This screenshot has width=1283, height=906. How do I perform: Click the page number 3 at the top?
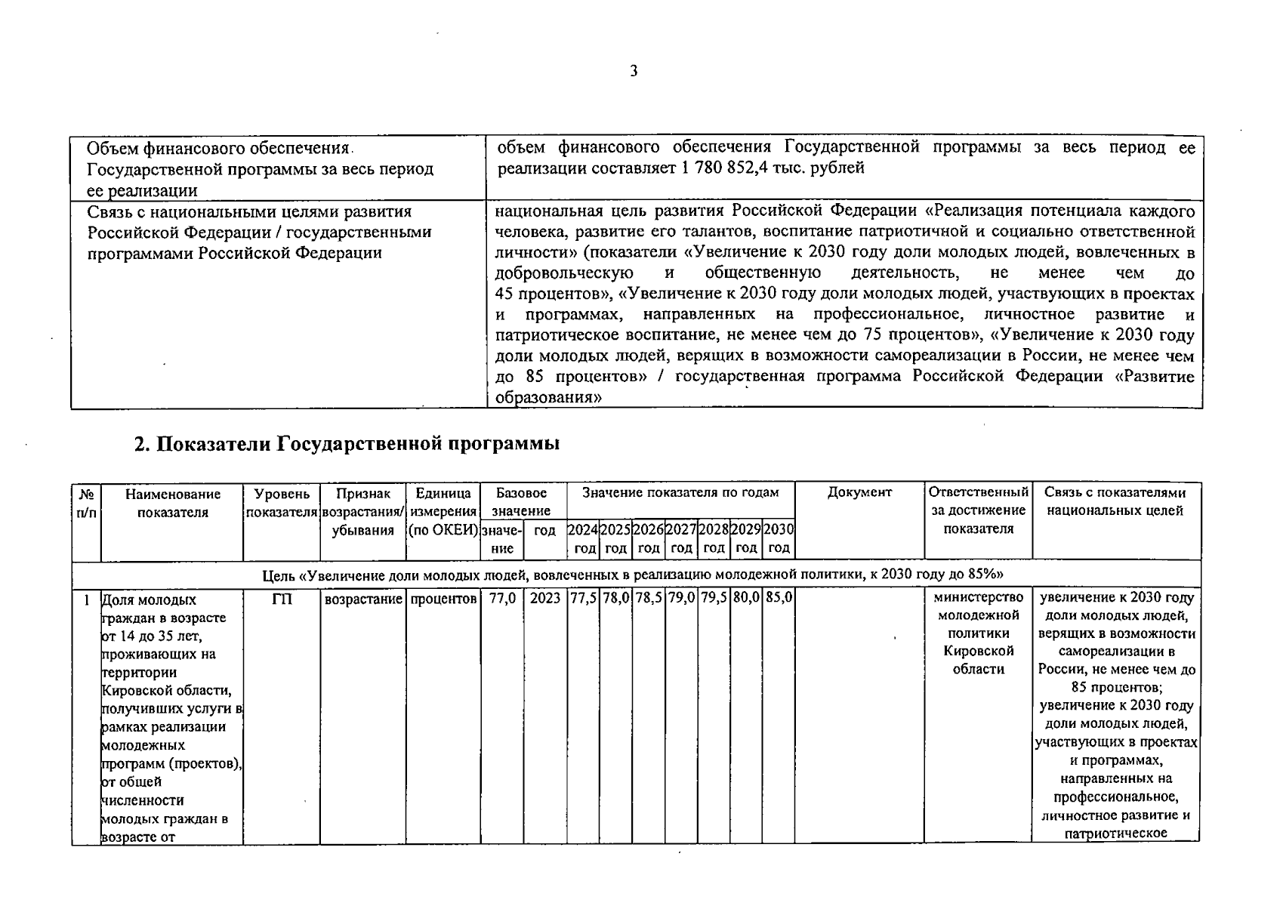click(633, 72)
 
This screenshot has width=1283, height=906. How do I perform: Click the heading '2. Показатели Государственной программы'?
click(347, 444)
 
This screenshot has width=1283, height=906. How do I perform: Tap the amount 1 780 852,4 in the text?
click(731, 168)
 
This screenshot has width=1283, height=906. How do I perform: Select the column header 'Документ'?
click(859, 493)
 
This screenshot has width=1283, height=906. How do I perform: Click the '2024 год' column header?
click(583, 539)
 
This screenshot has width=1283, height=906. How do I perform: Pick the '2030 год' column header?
click(779, 539)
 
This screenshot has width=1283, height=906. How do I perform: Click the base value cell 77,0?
click(502, 599)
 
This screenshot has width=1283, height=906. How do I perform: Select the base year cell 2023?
click(545, 599)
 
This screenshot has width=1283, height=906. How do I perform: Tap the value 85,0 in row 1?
click(778, 598)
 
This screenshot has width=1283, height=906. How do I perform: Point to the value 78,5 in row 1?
click(648, 598)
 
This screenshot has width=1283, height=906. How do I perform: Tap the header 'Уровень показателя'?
click(282, 503)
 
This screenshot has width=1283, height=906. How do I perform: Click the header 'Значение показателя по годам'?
click(680, 493)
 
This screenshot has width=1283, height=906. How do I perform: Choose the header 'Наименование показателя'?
click(172, 503)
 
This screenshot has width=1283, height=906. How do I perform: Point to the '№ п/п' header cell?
click(86, 503)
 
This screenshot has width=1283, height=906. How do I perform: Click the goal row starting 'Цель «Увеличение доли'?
click(636, 575)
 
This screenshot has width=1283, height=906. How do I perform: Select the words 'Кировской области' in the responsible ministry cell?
click(978, 660)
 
